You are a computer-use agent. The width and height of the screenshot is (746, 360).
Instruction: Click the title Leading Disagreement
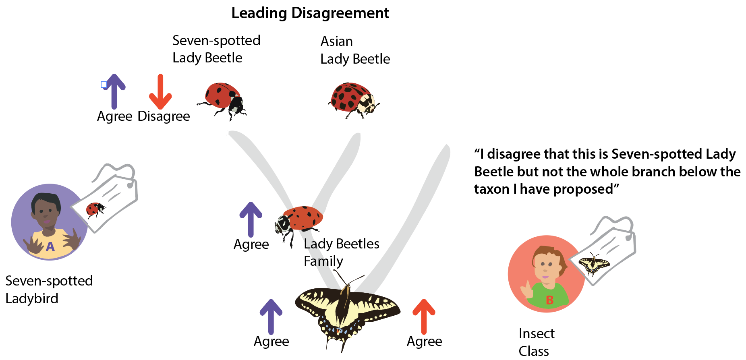310,13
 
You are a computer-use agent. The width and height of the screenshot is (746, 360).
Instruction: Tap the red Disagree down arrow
160,92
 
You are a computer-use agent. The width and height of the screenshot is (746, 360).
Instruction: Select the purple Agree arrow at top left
114,91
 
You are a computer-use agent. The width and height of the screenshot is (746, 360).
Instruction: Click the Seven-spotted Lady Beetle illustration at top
222,100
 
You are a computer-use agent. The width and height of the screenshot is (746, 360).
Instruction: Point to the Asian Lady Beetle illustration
354,100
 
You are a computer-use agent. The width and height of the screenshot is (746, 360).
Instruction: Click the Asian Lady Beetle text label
355,50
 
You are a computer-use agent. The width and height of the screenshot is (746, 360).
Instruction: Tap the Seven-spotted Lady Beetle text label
216,49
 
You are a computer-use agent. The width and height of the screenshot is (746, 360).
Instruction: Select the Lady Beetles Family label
341,252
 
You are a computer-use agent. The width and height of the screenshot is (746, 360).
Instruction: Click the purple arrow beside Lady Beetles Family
251,219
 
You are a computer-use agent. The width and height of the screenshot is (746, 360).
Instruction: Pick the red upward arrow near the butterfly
424,317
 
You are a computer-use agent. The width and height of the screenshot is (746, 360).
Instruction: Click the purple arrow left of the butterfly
271,317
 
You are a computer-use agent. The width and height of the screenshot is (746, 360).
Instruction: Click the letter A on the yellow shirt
50,246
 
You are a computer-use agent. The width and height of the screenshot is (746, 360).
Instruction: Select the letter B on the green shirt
549,300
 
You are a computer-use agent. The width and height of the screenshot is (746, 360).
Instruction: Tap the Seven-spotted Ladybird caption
49,290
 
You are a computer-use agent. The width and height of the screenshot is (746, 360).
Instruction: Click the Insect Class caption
536,342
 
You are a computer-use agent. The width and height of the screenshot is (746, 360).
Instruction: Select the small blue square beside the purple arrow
104,85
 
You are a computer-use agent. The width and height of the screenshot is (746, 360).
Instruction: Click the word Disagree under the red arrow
164,116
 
